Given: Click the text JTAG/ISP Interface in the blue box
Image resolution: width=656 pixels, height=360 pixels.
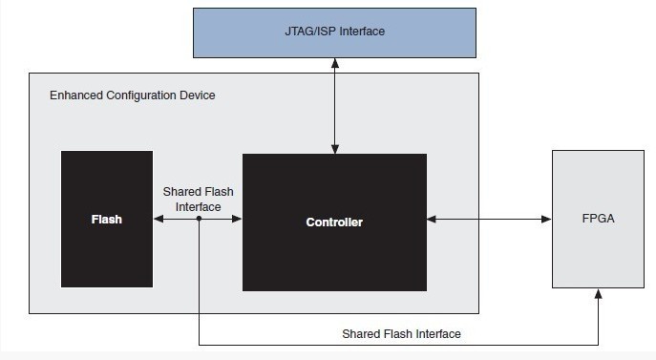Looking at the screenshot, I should tap(333, 32).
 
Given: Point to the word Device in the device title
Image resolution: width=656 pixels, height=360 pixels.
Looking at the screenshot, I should tap(197, 95).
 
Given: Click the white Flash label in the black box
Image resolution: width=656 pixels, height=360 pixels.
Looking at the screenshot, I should tap(106, 220).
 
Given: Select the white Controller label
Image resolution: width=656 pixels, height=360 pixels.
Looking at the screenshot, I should tap(334, 222).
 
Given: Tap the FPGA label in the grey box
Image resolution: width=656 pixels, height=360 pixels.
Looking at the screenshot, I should tap(598, 219).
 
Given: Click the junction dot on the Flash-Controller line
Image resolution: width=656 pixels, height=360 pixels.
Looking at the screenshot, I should tap(199, 219).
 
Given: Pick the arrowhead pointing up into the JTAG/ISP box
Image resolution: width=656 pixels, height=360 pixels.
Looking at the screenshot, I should tap(334, 63).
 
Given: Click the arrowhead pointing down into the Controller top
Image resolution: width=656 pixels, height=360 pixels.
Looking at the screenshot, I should tap(334, 148).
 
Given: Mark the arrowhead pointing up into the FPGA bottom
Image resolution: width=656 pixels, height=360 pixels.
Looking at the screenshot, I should tap(599, 294).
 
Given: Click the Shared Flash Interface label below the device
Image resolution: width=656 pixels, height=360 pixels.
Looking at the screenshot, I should tap(401, 333).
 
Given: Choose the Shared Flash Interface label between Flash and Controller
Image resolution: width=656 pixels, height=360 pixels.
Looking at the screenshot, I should tap(198, 200).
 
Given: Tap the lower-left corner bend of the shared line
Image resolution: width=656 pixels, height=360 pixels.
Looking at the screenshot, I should tap(199, 344).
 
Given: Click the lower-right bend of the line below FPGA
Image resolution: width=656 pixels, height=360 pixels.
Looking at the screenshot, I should tap(599, 344).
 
